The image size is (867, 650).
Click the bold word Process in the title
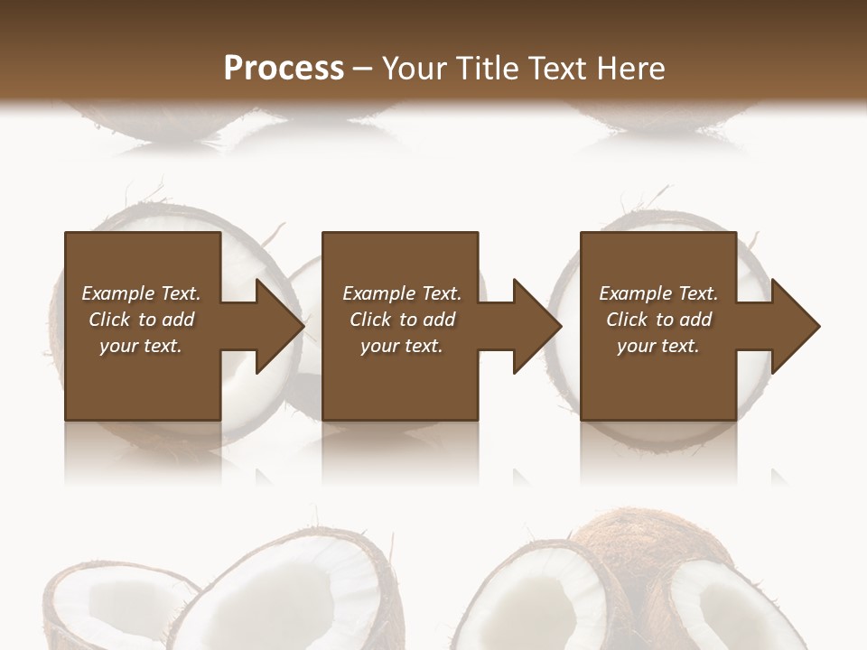click(284, 68)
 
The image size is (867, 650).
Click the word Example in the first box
click(118, 293)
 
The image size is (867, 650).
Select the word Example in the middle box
click(379, 293)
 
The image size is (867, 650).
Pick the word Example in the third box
click(636, 293)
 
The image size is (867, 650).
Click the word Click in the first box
click(110, 320)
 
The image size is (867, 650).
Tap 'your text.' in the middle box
click(401, 346)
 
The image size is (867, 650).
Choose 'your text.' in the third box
click(657, 346)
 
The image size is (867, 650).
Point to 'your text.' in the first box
click(140, 346)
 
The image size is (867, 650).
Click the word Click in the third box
click(628, 320)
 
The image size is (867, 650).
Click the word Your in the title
click(412, 68)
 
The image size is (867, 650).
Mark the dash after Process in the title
click(363, 68)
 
